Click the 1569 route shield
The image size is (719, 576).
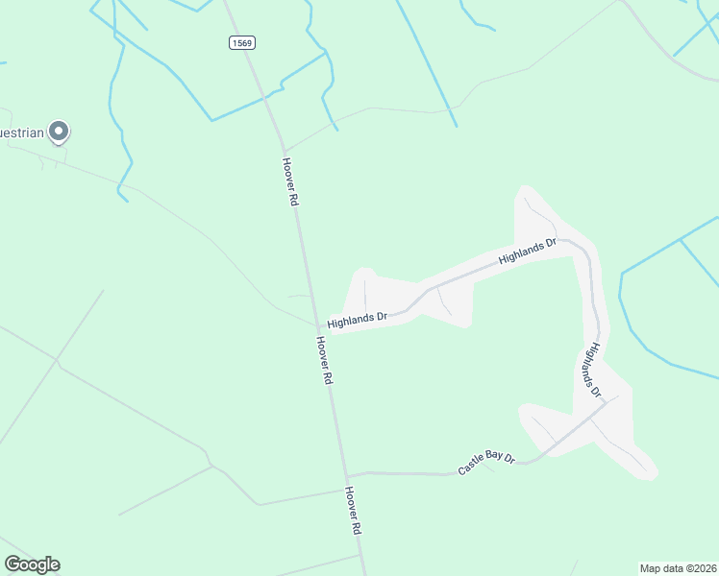click(242, 42)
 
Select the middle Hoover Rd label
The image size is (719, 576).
click(323, 360)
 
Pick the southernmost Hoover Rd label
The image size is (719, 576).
click(353, 510)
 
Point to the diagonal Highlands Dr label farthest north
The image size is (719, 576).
click(528, 252)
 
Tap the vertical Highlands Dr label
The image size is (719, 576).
click(591, 372)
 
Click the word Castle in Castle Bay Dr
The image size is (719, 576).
click(472, 467)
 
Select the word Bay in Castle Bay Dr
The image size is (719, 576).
click(495, 460)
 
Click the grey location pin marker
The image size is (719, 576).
click(59, 131)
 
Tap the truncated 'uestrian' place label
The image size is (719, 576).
click(22, 132)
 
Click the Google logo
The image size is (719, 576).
click(32, 564)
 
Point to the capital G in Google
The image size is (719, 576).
click(12, 564)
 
